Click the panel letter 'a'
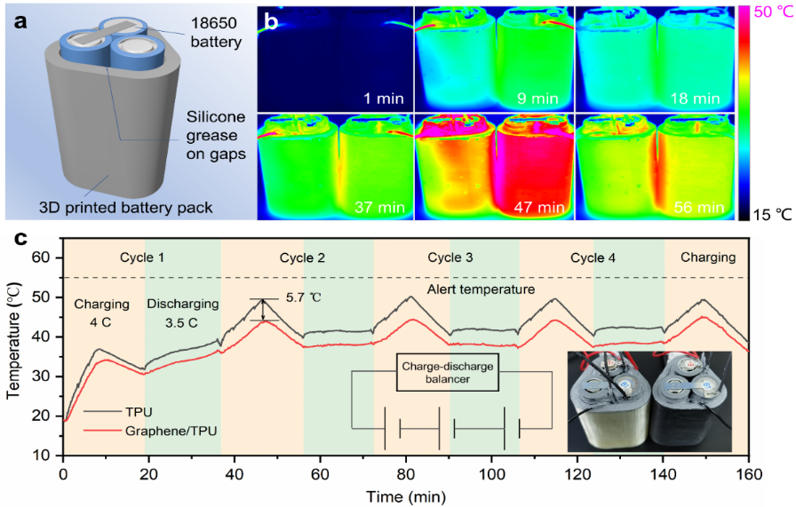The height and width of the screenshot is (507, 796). [20, 20]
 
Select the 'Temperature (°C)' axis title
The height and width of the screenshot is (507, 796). [13, 355]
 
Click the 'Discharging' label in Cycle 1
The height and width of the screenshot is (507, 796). [178, 304]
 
